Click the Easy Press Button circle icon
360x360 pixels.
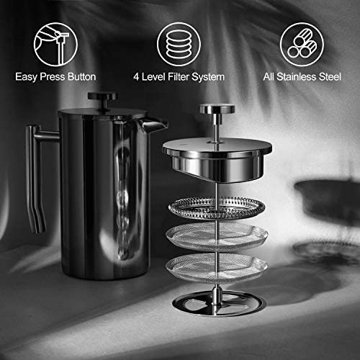click(55, 45)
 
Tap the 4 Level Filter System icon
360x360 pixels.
click(179, 45)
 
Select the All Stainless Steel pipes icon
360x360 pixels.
click(302, 45)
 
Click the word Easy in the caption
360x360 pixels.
click(26, 77)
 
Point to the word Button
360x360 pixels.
click(82, 77)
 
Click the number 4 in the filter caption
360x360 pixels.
click(136, 77)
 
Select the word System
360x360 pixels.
click(208, 77)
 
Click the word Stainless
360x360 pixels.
click(297, 77)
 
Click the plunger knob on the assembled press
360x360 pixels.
click(102, 96)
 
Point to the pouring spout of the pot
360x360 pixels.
click(153, 124)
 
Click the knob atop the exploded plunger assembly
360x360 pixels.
click(217, 109)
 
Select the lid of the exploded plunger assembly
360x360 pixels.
click(217, 158)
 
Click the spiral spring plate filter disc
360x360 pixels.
click(217, 208)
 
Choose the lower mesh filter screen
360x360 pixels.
click(217, 269)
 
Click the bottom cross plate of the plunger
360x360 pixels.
click(219, 303)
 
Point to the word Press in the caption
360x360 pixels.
click(53, 77)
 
